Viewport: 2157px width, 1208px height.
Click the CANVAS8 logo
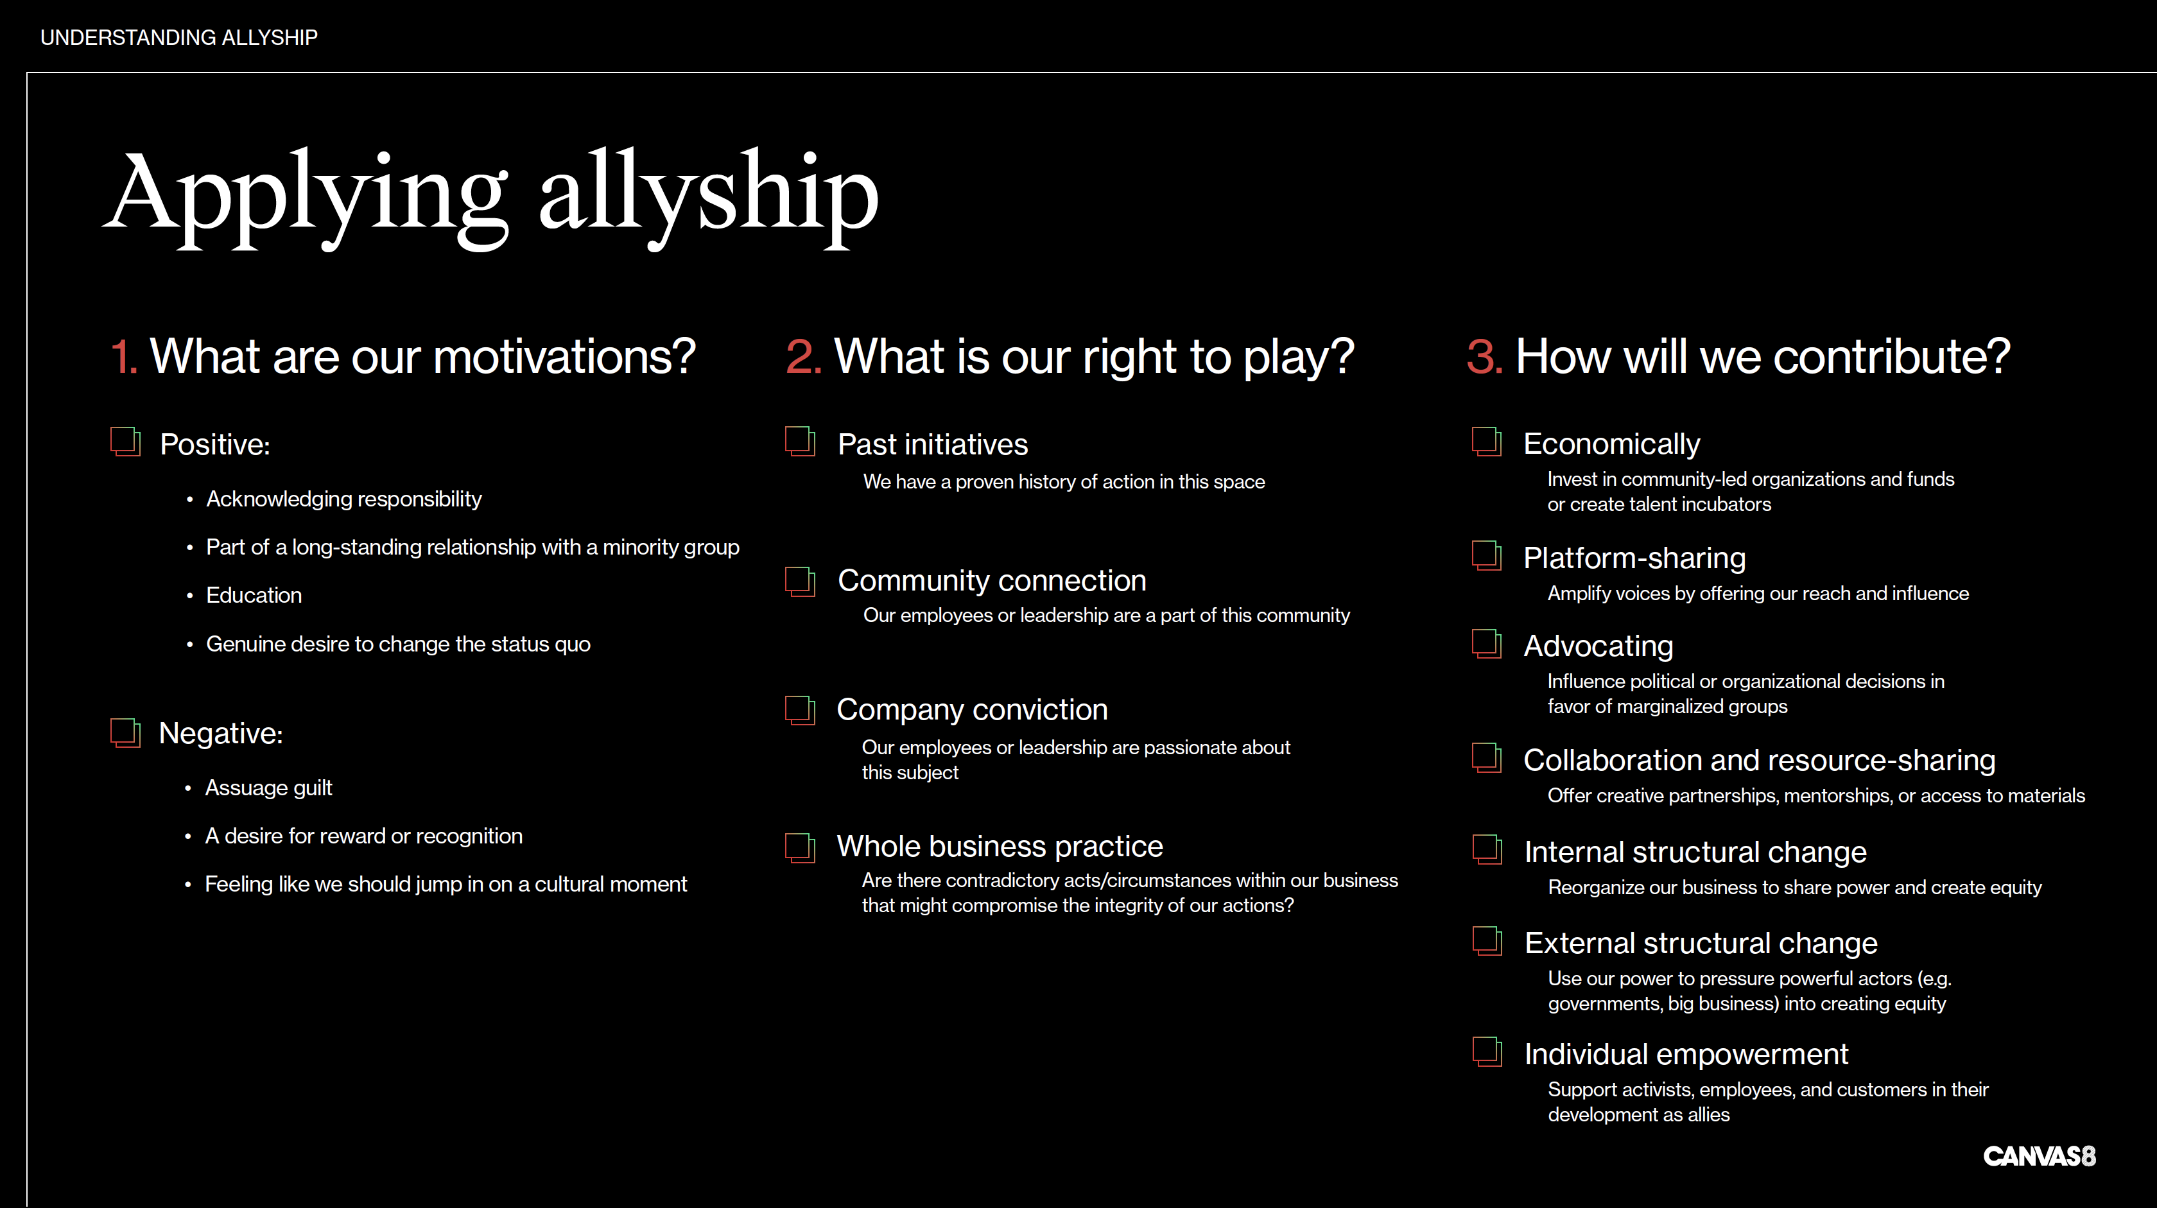[2039, 1156]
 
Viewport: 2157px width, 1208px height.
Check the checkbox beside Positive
[126, 441]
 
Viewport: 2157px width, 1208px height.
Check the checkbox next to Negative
[126, 732]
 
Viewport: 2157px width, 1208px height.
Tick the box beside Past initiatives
[801, 441]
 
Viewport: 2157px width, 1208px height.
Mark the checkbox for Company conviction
[801, 710]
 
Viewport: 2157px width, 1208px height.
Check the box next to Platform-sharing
[1487, 556]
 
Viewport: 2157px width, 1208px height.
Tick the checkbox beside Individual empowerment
[1488, 1052]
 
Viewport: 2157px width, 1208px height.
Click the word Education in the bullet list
[254, 595]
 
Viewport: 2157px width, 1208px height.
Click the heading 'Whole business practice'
[1000, 847]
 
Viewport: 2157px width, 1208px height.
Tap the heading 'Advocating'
[1598, 646]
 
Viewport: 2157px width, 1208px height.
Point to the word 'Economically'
[1612, 444]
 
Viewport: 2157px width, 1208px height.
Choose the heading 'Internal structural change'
[1695, 852]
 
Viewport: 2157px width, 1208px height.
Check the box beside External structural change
[1488, 942]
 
